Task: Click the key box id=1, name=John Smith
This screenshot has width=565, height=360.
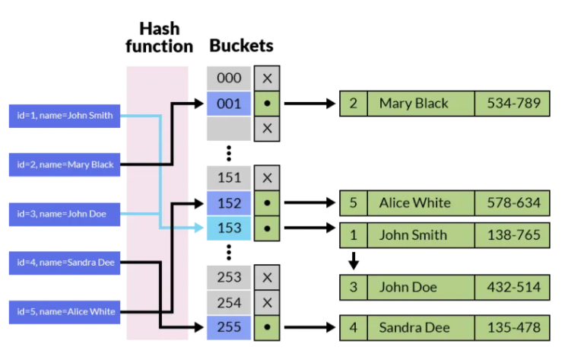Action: coord(65,116)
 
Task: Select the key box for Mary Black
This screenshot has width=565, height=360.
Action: coord(65,165)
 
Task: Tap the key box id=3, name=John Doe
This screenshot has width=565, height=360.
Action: coord(65,215)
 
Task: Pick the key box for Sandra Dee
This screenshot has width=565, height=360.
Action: coord(65,263)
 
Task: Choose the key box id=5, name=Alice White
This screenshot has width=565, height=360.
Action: coord(65,312)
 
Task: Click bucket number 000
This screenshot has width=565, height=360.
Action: coord(229,78)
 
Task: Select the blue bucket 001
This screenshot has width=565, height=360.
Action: coord(229,104)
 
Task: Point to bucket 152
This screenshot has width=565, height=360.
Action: coord(229,203)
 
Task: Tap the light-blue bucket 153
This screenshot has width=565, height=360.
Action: coord(229,228)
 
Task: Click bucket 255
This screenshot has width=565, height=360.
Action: coord(229,327)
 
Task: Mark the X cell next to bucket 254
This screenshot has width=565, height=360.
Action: coord(267,303)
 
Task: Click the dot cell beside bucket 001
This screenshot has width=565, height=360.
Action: coord(267,104)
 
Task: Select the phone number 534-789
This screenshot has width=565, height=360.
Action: coord(513,104)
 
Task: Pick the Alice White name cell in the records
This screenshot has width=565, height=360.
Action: coord(421,203)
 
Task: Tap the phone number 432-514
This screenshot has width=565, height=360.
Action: coord(513,288)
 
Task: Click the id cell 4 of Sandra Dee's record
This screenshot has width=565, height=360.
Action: coord(354,328)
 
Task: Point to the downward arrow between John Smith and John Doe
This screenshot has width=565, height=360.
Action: coord(354,261)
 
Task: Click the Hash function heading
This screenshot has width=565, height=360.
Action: coord(159,37)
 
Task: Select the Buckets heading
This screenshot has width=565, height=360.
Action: coord(241,46)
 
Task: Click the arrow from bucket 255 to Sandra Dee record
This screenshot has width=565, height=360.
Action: coord(310,327)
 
